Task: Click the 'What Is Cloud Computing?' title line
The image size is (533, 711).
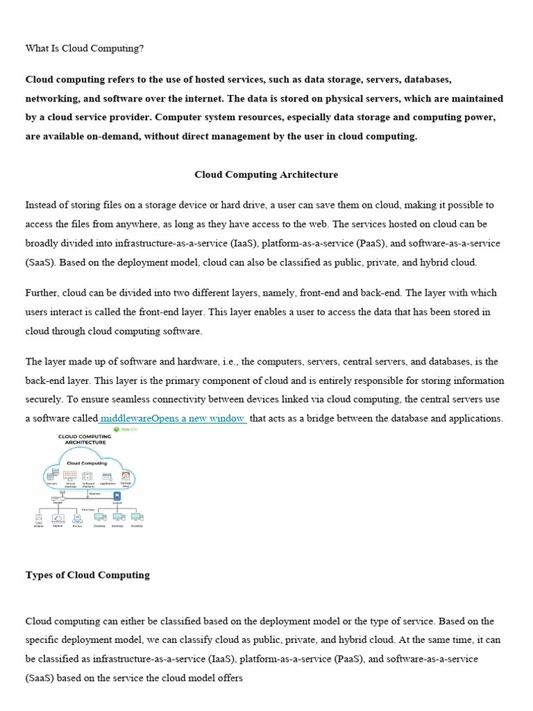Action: [84, 49]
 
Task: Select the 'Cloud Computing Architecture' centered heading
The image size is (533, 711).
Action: [266, 175]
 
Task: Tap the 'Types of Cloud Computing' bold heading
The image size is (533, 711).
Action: [87, 575]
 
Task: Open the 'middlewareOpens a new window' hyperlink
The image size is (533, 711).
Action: [173, 419]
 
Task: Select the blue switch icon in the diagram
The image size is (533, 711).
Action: [117, 496]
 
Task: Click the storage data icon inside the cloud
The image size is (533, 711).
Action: [126, 476]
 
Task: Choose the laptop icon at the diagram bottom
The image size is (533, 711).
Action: [58, 517]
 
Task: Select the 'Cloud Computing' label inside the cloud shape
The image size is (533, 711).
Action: [86, 462]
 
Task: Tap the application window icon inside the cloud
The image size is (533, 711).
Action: [107, 476]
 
